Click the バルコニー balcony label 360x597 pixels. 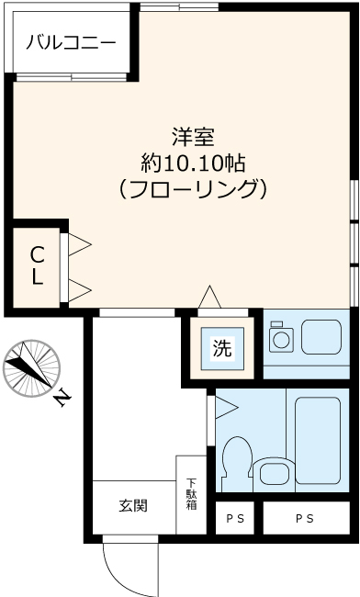click(x=70, y=42)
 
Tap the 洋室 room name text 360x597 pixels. click(x=192, y=139)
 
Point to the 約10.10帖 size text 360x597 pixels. click(x=192, y=164)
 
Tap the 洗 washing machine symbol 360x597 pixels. click(x=223, y=348)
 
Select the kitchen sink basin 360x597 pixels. click(x=321, y=337)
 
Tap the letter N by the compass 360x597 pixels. click(x=62, y=398)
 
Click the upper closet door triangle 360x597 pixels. click(x=80, y=245)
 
